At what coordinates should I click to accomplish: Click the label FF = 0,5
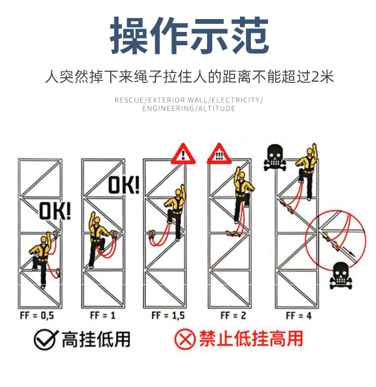37,316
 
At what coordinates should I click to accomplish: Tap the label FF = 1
103,316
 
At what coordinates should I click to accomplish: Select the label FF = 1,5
168,316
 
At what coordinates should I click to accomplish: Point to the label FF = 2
233,316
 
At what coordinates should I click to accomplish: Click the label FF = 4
299,316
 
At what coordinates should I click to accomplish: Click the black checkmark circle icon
46,340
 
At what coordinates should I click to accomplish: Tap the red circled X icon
185,340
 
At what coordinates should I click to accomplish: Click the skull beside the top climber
275,158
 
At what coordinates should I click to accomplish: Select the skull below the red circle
341,275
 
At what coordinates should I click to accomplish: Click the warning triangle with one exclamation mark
183,154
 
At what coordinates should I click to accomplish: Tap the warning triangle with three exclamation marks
219,154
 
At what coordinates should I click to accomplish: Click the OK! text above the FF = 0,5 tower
55,211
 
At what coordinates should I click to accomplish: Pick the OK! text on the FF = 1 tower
124,185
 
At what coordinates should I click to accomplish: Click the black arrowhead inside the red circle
352,254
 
